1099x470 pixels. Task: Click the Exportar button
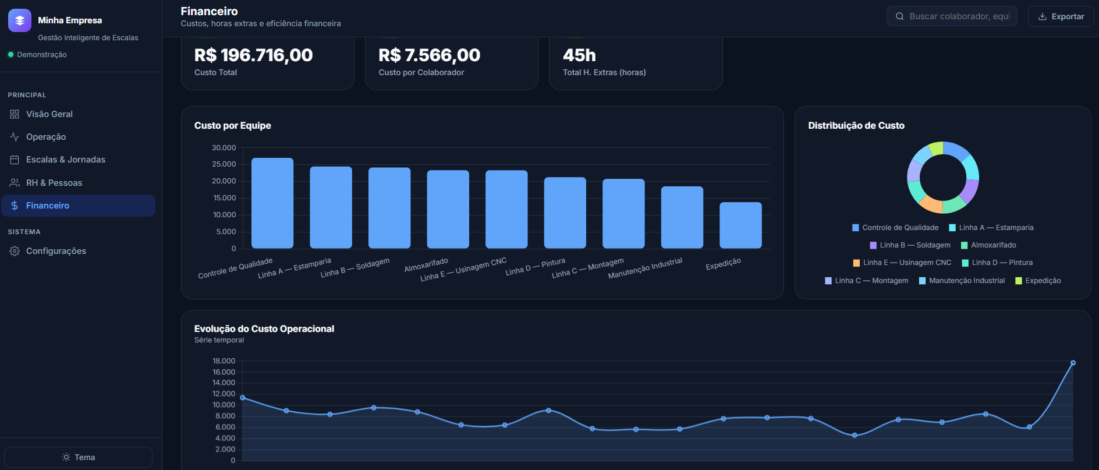[x=1061, y=16]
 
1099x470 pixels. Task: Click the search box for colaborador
[x=952, y=16]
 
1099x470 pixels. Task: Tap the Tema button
[x=78, y=457]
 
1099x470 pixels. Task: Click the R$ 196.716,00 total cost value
[x=253, y=55]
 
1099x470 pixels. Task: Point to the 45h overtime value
[x=579, y=55]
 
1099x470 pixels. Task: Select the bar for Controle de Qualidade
[x=272, y=203]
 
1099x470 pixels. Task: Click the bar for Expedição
[x=740, y=225]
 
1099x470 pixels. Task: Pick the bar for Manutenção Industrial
[x=682, y=217]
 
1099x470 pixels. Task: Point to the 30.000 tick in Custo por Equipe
[x=224, y=148]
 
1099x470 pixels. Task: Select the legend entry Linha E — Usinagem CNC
[x=902, y=263]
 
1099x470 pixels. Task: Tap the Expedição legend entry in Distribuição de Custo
[x=1038, y=281]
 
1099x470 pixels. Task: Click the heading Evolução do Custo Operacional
[x=264, y=328]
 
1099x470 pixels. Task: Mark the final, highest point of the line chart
[x=1073, y=363]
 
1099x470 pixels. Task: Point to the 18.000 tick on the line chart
[x=224, y=361]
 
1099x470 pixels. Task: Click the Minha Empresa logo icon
[x=20, y=20]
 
